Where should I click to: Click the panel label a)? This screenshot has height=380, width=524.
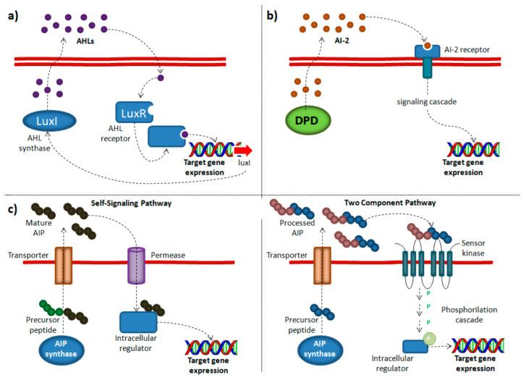pos(12,14)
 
